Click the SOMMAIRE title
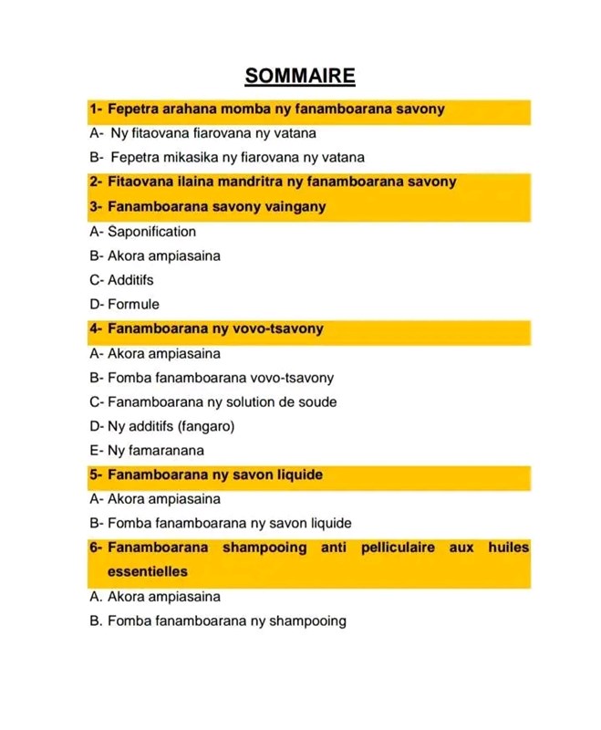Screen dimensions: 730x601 click(x=300, y=75)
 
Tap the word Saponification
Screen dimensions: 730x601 click(x=151, y=232)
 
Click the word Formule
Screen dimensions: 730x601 click(x=133, y=305)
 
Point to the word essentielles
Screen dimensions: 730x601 click(x=148, y=571)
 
